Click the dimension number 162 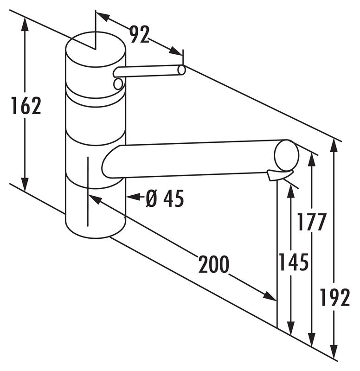coord(26,106)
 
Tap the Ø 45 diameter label coord(165,198)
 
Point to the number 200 coord(214,264)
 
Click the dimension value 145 coord(294,262)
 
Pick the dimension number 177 coord(311,222)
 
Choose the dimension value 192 coord(334,297)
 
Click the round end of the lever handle coord(181,70)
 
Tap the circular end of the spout coord(286,155)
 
